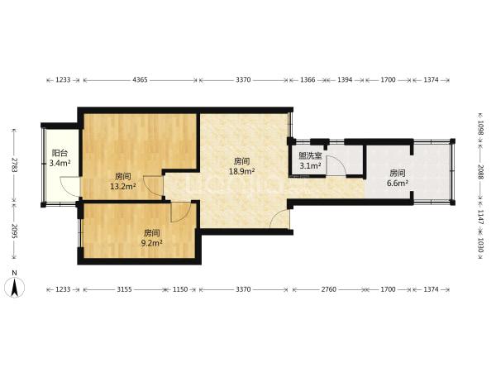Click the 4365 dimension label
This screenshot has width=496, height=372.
tap(140, 80)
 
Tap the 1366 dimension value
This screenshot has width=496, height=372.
tap(308, 80)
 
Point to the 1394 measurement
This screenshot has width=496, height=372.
tap(345, 80)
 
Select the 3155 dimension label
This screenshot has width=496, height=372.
tap(124, 289)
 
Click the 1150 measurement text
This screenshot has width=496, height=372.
tap(180, 289)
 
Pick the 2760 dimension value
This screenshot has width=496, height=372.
tap(329, 289)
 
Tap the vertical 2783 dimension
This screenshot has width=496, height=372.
tap(14, 165)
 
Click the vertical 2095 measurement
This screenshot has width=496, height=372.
tap(14, 231)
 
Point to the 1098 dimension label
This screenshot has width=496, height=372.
tap(480, 128)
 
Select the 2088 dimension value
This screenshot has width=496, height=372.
tap(480, 172)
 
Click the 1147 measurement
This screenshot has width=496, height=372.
tap(480, 217)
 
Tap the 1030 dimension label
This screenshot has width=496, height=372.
tap(480, 245)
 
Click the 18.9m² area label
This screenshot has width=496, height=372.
tap(242, 172)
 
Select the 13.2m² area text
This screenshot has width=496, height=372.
tap(122, 187)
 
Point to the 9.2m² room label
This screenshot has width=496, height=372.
tap(152, 243)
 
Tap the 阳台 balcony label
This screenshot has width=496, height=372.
tap(60, 154)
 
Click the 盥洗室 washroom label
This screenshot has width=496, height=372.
tap(311, 155)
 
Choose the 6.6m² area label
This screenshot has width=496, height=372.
tap(398, 183)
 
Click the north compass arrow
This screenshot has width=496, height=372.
tap(15, 287)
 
